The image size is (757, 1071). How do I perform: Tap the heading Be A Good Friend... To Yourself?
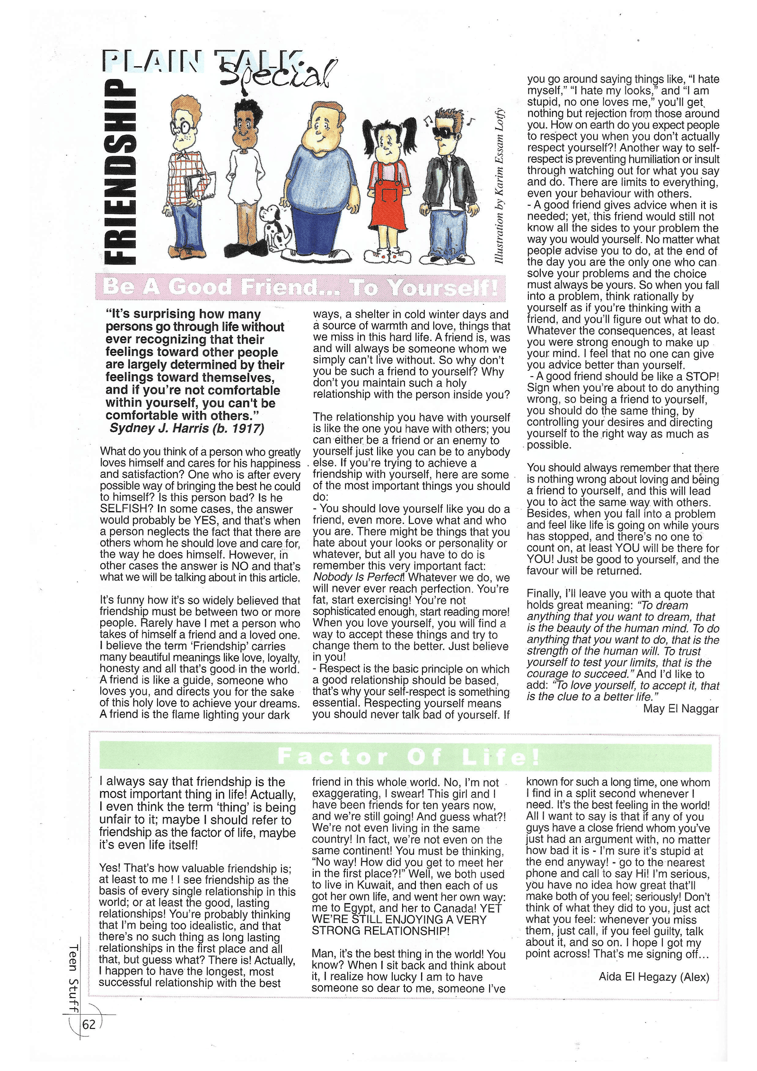coord(300,287)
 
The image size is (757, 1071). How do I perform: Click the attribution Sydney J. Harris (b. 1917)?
coord(187,428)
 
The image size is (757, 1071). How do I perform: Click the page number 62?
coord(89,1025)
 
